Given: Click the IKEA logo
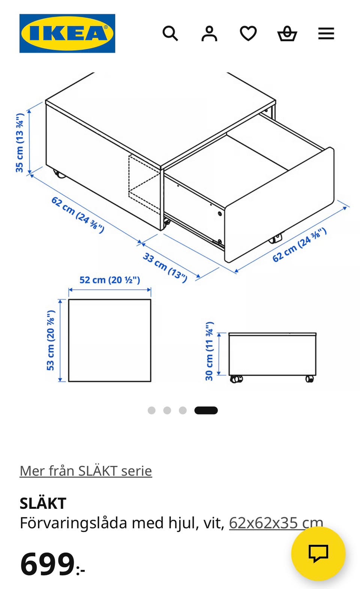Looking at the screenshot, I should coord(67,33).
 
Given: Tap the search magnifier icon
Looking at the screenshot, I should coord(170,33).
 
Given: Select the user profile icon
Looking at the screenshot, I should coord(209,34).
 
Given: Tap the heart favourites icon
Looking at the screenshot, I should coord(248,33).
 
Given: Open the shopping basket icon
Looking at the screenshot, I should coord(287,34).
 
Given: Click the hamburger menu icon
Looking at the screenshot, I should coord(326,34).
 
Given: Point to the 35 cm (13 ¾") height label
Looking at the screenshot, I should coord(19,143).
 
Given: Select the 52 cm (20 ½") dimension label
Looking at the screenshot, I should coord(109,280).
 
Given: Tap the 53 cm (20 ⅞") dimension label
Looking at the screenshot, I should coord(51,340).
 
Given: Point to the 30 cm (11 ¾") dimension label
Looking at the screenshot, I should coord(209,351).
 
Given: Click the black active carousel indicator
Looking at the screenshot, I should coord(206,411).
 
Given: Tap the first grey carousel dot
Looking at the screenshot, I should coord(151,411).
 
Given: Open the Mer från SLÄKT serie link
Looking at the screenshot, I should coord(86,471).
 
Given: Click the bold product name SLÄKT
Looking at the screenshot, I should coord(43,503).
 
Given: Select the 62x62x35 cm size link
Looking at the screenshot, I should coord(276,523).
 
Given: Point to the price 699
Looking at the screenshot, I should coord(48,564).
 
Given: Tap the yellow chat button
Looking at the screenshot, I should coord(318,553).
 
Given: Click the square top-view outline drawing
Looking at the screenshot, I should coord(109,340).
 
